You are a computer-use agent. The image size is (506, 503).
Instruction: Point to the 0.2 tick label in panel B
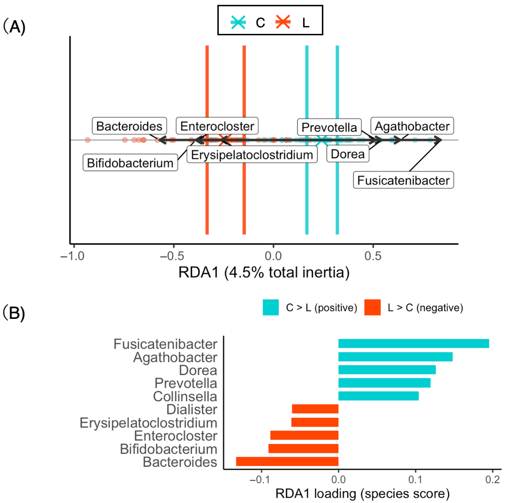(492, 479)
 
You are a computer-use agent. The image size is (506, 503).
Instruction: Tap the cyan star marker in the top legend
(238, 22)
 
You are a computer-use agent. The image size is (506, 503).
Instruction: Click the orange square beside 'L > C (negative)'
(372, 307)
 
